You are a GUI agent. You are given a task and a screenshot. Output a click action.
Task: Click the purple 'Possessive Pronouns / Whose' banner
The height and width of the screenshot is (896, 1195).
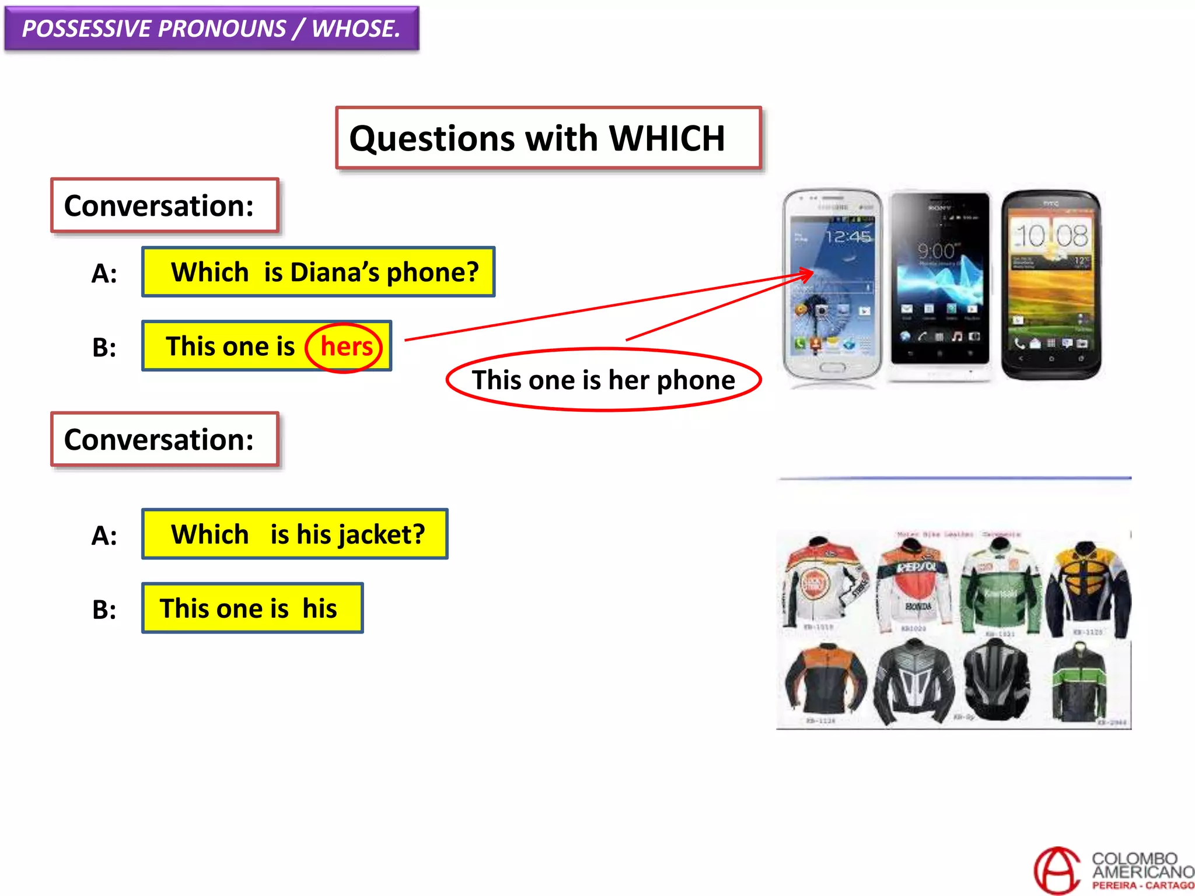(x=211, y=29)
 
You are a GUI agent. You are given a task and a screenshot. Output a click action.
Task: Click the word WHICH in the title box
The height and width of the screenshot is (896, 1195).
(x=666, y=139)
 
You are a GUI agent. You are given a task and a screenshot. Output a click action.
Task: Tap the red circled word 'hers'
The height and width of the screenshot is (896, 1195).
(x=345, y=347)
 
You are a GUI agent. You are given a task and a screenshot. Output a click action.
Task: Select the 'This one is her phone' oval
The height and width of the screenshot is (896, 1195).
(x=603, y=380)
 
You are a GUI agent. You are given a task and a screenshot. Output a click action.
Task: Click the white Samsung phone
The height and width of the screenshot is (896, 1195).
(x=831, y=286)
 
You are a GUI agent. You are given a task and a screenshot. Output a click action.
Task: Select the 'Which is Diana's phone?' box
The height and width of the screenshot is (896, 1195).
(x=319, y=272)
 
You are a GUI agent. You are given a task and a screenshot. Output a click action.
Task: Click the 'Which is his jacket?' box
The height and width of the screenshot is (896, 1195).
(x=295, y=534)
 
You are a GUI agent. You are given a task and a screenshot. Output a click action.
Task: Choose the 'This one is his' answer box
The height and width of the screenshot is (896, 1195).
(x=252, y=608)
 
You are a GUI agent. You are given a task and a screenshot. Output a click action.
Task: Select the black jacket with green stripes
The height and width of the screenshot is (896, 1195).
(x=1079, y=682)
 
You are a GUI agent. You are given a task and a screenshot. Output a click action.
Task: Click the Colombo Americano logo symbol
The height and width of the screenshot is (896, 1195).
(x=1057, y=871)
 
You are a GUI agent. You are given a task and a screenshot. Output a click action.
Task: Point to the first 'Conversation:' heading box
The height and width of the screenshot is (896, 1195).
(x=165, y=205)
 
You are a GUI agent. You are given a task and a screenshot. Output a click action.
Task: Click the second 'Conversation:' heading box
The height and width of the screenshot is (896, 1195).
(x=165, y=439)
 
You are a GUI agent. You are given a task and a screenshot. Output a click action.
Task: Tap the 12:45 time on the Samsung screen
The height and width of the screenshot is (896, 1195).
(x=848, y=237)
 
